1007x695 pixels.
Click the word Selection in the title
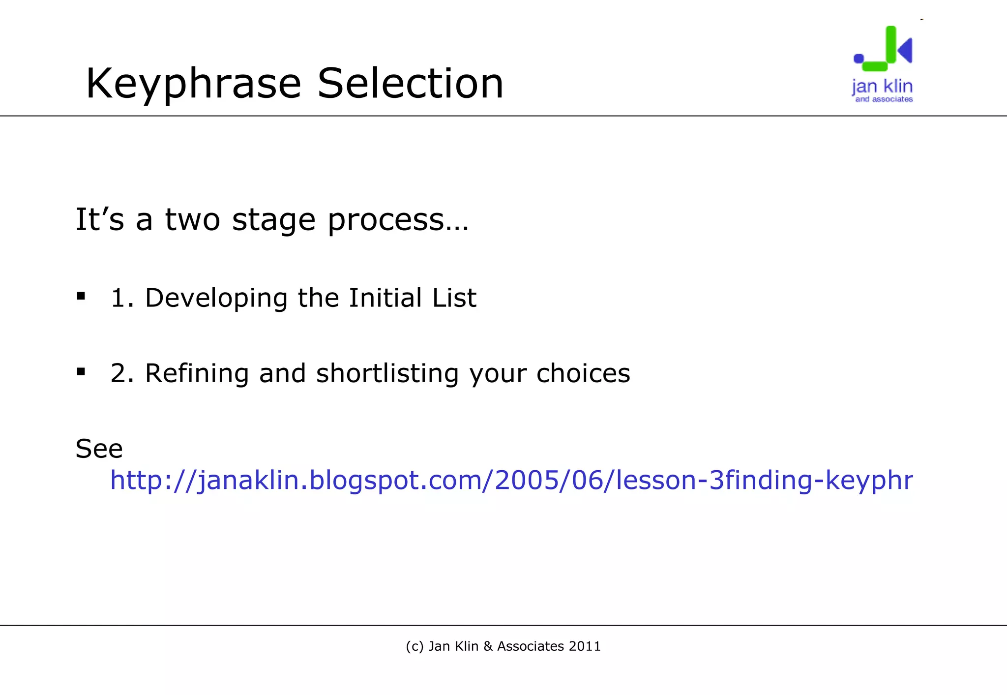[x=411, y=84]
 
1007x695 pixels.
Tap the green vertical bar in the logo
[x=890, y=44]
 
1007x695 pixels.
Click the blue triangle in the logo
[x=906, y=50]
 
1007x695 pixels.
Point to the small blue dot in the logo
[x=859, y=59]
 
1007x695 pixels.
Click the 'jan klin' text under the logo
[x=882, y=87]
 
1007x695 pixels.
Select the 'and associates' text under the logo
[x=884, y=99]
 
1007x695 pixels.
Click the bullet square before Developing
[x=81, y=296]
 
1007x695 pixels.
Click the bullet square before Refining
[x=81, y=371]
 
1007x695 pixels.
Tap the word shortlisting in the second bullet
[x=387, y=373]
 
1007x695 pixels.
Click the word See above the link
[x=99, y=449]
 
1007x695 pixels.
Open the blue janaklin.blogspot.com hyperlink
[x=511, y=480]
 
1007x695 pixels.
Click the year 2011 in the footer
[x=585, y=646]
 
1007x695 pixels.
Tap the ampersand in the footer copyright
[x=489, y=646]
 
